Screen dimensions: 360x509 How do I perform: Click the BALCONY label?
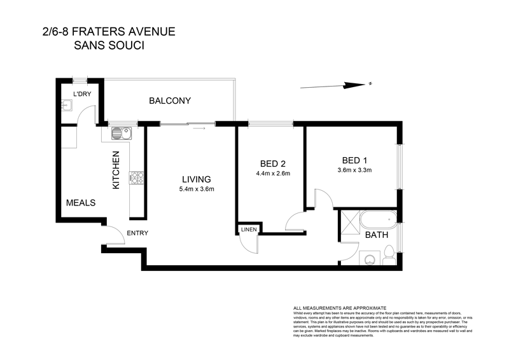170,101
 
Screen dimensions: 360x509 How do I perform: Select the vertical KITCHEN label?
116,170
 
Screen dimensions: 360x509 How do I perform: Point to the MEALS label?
81,203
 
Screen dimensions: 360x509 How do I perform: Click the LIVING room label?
195,179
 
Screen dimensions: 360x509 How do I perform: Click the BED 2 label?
272,162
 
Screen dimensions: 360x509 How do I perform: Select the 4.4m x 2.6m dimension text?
273,173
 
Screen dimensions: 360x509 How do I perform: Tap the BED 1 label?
354,159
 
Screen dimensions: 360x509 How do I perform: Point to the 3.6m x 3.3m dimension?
354,170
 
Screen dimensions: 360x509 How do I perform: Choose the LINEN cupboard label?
248,229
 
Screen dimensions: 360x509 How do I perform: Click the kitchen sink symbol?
120,134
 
